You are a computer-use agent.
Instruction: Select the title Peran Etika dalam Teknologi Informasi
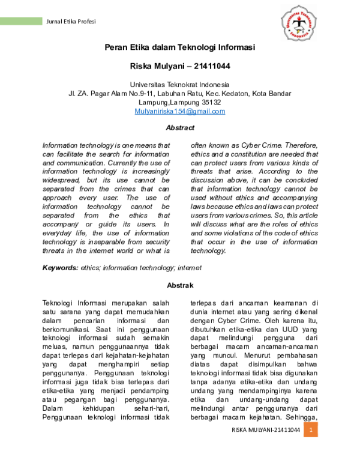[x=180, y=47]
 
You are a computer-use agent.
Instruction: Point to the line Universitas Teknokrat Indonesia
[x=180, y=85]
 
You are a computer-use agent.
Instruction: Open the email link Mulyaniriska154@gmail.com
[x=180, y=111]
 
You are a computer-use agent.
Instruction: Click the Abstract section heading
[x=180, y=128]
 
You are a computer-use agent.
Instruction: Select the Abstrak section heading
[x=180, y=285]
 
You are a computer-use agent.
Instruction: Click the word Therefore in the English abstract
[x=301, y=145]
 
